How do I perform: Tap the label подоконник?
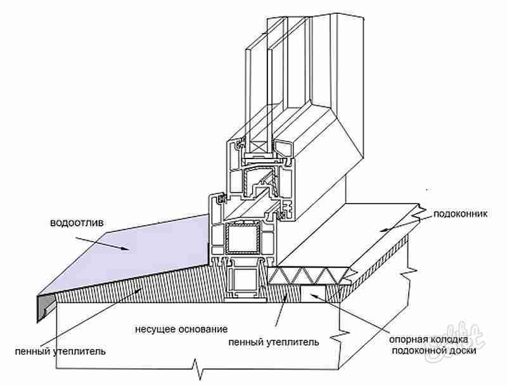tap(460, 215)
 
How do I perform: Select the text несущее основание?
tap(181, 330)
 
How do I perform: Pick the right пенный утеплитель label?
tap(273, 342)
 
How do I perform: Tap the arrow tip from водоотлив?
tap(130, 250)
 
